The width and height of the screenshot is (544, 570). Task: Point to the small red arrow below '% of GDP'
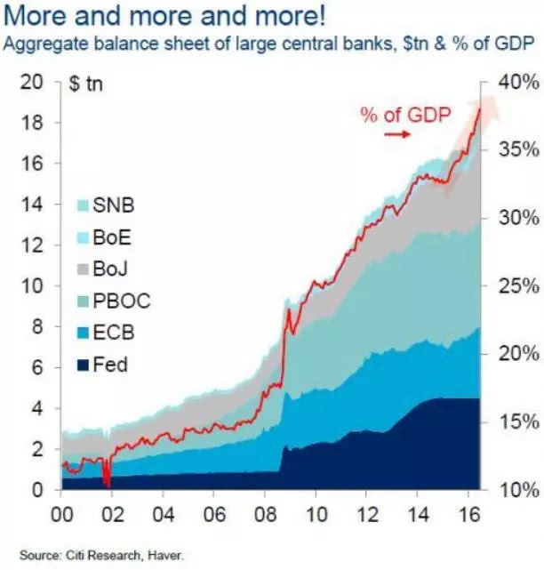tap(397, 134)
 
